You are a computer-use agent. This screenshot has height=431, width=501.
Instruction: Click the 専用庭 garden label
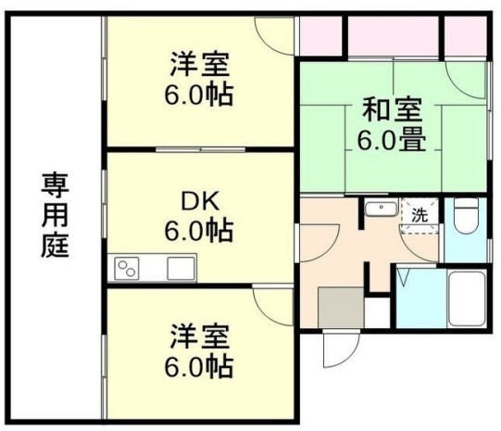click(x=55, y=215)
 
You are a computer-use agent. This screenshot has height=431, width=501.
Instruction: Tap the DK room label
click(x=200, y=201)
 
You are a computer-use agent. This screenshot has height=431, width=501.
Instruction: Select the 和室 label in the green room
click(x=393, y=109)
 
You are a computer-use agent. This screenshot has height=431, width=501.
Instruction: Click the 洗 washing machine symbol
click(x=420, y=215)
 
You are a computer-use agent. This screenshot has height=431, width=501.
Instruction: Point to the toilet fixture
click(x=466, y=215)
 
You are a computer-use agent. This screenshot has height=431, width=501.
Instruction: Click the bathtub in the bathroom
click(x=467, y=298)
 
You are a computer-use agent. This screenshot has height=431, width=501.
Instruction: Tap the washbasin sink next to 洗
click(x=381, y=209)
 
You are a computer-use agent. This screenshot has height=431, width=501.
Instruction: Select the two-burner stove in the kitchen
click(x=127, y=269)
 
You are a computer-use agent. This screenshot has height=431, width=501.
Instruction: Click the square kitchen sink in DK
click(x=181, y=269)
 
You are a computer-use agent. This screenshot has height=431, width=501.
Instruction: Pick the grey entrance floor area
click(x=341, y=308)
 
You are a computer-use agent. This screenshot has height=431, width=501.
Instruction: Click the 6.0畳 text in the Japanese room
click(x=392, y=140)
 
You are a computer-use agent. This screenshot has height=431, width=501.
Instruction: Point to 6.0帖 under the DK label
click(x=199, y=230)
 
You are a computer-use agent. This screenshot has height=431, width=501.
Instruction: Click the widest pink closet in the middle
click(x=393, y=36)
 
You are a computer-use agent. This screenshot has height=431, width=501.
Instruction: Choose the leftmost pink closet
click(x=320, y=36)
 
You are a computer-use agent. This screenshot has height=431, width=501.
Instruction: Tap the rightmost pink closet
click(x=466, y=36)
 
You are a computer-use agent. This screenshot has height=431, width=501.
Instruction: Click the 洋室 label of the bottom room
click(x=200, y=336)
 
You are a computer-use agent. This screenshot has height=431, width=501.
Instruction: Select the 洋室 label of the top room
click(x=200, y=64)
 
